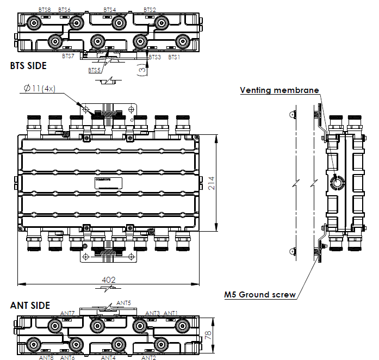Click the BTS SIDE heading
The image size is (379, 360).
[28, 66]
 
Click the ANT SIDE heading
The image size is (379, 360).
[30, 306]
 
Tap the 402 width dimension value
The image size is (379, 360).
[109, 280]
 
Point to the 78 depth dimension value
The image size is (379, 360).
[207, 334]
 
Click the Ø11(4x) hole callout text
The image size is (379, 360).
[40, 89]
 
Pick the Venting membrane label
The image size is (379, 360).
[279, 90]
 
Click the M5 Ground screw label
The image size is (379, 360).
[260, 295]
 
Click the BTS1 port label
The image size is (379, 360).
[174, 57]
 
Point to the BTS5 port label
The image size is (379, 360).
[95, 71]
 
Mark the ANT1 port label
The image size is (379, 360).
[171, 313]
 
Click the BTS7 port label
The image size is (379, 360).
[68, 56]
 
